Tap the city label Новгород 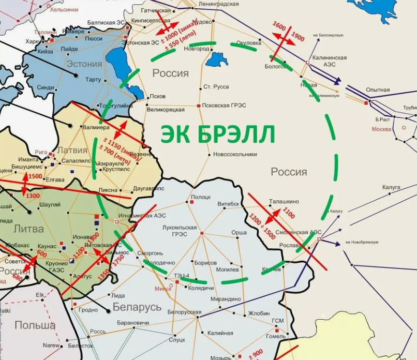coord(192,49)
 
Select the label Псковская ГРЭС coord(224,106)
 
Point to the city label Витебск coord(228,204)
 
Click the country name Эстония coord(84,64)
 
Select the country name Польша coord(35,325)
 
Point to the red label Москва coord(381,129)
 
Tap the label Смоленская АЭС coord(300,233)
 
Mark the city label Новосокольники coord(235,154)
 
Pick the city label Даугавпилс coord(148,189)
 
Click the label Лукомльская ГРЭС coord(179,230)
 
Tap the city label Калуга coord(392,187)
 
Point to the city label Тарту coord(93,80)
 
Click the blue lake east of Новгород coord(216,59)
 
